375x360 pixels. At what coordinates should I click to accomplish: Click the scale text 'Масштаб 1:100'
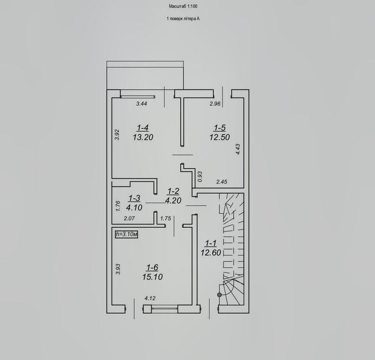pos(183,7)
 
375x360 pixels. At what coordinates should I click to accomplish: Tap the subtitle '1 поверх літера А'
pos(183,19)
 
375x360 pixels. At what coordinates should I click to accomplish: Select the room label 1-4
pos(143,128)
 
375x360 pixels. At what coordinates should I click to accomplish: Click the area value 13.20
pos(143,137)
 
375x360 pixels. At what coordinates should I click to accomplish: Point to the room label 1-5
pos(220,128)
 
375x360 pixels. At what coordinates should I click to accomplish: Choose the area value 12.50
pos(220,137)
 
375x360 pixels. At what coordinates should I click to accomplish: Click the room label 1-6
pos(153,267)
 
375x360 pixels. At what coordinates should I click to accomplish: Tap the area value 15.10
pos(153,277)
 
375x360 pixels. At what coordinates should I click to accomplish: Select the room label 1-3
pos(135,198)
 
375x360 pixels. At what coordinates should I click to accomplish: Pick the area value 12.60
pos(211,253)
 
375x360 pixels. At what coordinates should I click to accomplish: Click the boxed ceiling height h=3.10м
pos(126,234)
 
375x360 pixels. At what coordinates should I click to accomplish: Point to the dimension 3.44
pos(142,104)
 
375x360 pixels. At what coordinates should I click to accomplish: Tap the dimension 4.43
pos(238,149)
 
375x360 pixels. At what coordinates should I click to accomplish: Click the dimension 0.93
pos(200,176)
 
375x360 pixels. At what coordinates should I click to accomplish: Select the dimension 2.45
pos(222,182)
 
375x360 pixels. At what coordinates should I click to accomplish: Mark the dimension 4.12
pos(150,298)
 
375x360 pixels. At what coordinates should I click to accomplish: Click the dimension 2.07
pos(129,218)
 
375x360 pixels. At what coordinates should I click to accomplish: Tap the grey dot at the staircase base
pos(219,295)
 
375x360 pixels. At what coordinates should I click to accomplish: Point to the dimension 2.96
pos(215,104)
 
